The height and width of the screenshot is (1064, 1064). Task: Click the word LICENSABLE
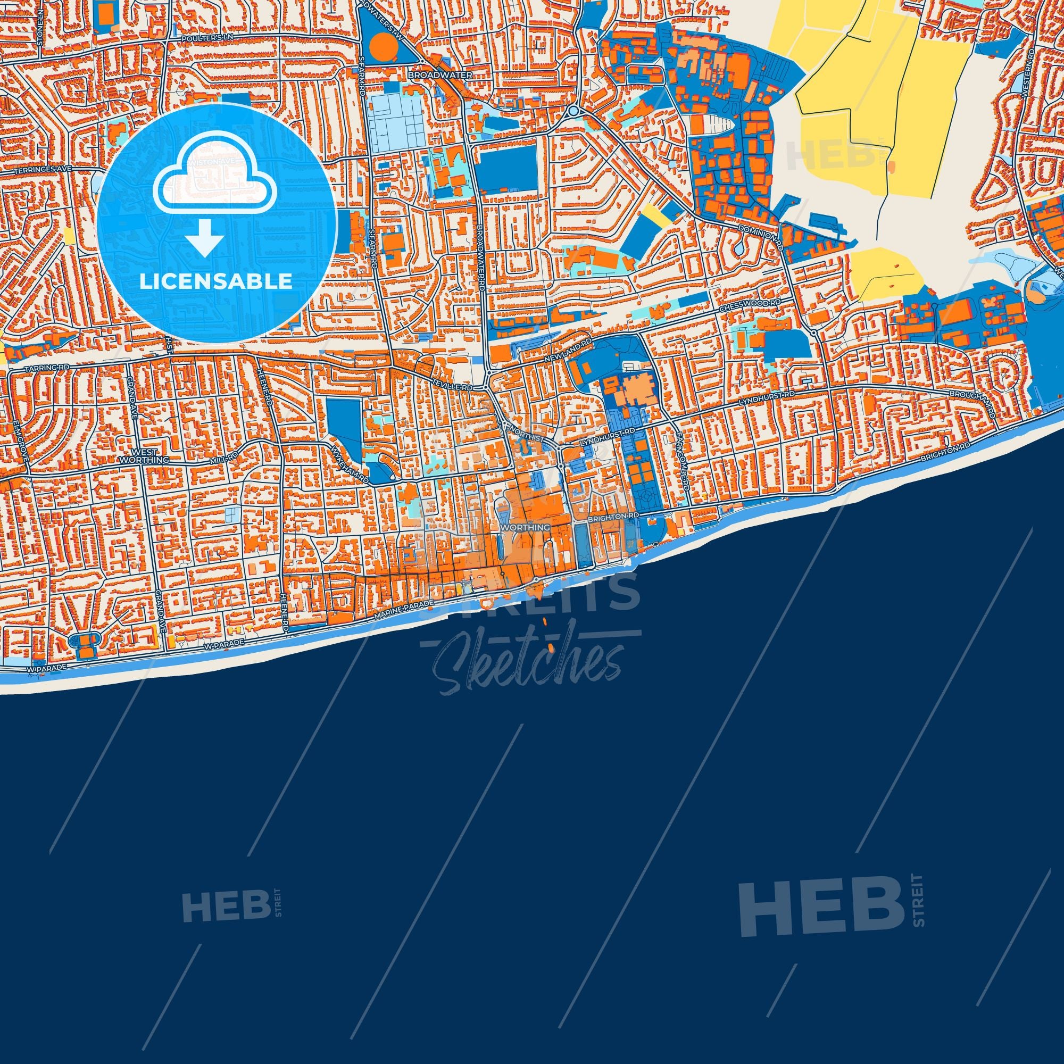216,281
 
